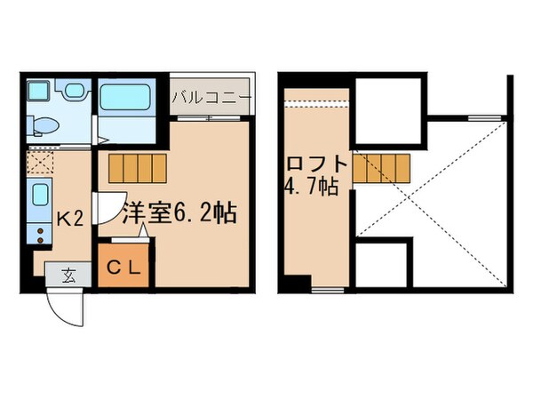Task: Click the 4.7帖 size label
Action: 310,188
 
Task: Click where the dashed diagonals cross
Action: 432,190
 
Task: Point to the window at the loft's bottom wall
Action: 327,290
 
